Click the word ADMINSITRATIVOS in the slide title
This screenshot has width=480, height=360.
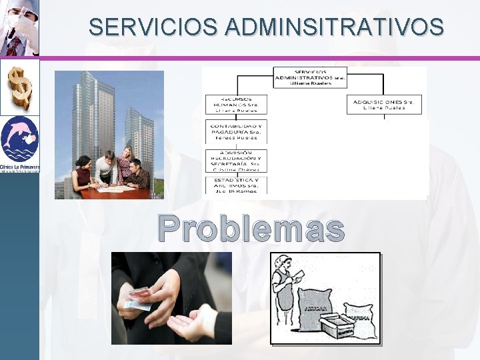[x=335, y=27]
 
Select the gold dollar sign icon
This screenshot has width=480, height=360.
[x=19, y=87]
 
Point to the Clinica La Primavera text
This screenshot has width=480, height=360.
[x=20, y=167]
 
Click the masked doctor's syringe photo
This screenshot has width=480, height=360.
[x=19, y=28]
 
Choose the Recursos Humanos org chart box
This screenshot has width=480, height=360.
[x=238, y=104]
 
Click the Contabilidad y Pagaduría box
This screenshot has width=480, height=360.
[x=238, y=132]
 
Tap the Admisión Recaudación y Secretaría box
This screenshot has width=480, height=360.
[x=238, y=159]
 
